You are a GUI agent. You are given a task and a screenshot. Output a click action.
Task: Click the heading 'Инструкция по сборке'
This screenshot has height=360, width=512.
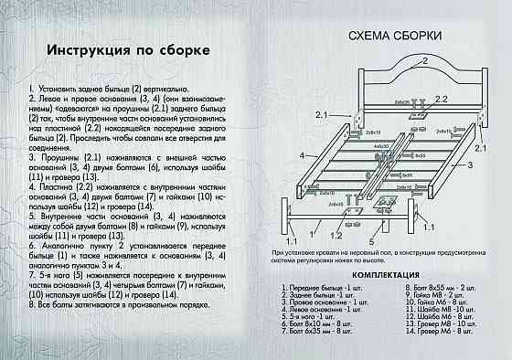point(129,48)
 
